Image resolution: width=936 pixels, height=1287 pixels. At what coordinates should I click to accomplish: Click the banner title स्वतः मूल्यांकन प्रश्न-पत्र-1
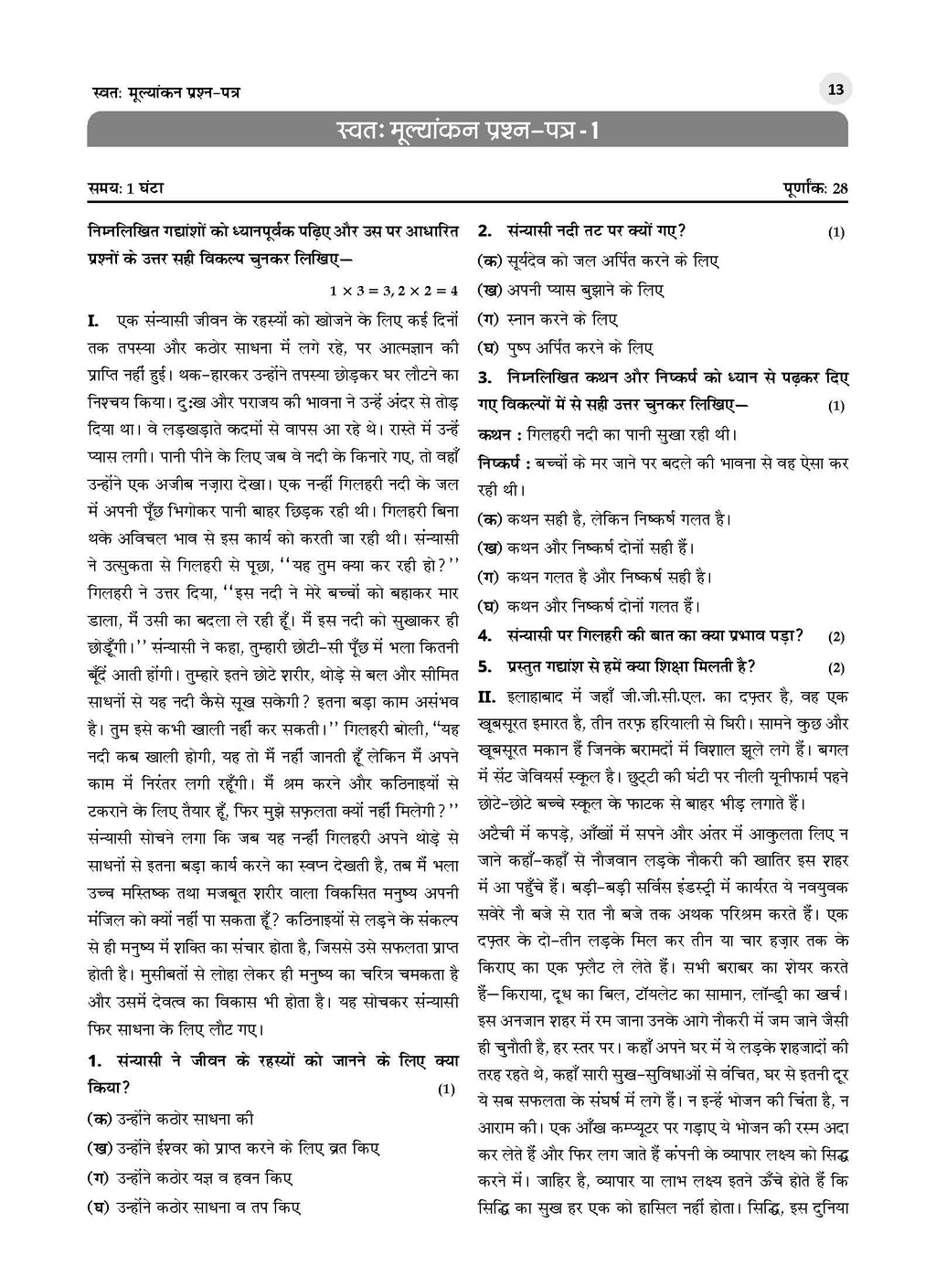point(467,131)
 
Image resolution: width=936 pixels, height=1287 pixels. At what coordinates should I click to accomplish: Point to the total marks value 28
point(839,188)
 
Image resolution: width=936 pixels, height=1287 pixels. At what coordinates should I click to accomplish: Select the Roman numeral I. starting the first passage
point(93,321)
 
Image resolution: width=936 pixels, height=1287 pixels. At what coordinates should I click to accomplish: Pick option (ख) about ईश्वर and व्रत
point(233,1148)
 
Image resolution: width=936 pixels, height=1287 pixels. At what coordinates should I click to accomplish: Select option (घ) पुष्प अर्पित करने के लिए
point(566,348)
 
